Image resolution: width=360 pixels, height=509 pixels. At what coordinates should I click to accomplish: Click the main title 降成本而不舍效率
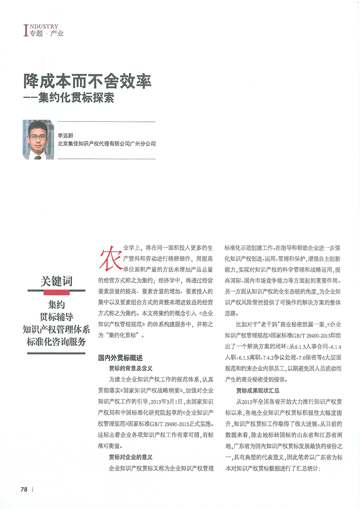(x=87, y=81)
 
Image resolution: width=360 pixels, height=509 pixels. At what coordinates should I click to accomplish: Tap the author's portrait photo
(x=38, y=139)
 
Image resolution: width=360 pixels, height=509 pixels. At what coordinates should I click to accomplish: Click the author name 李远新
(x=66, y=135)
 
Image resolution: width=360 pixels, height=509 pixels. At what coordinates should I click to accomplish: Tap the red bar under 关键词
(x=56, y=293)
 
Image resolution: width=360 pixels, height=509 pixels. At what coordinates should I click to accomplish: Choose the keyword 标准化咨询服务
(x=56, y=342)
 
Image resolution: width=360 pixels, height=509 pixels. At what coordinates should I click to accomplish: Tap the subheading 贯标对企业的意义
(x=131, y=456)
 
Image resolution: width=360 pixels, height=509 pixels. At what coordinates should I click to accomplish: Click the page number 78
(x=24, y=489)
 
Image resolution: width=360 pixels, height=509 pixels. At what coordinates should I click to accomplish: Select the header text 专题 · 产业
(x=47, y=34)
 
